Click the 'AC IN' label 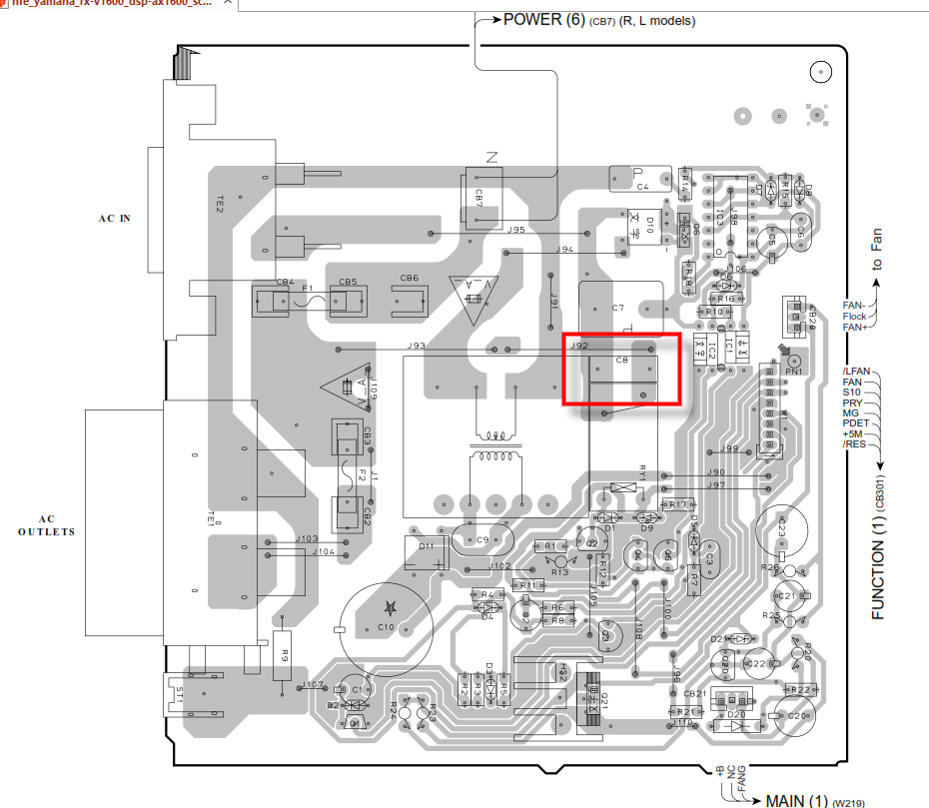(x=114, y=218)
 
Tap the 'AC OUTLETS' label (x=46, y=525)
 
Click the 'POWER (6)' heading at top (x=543, y=20)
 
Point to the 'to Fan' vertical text (x=877, y=251)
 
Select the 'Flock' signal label (x=854, y=316)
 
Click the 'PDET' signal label (x=853, y=422)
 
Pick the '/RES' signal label (x=854, y=443)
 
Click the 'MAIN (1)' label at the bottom (x=797, y=800)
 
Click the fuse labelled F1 (x=308, y=289)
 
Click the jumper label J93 (x=417, y=346)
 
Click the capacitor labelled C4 (x=642, y=187)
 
